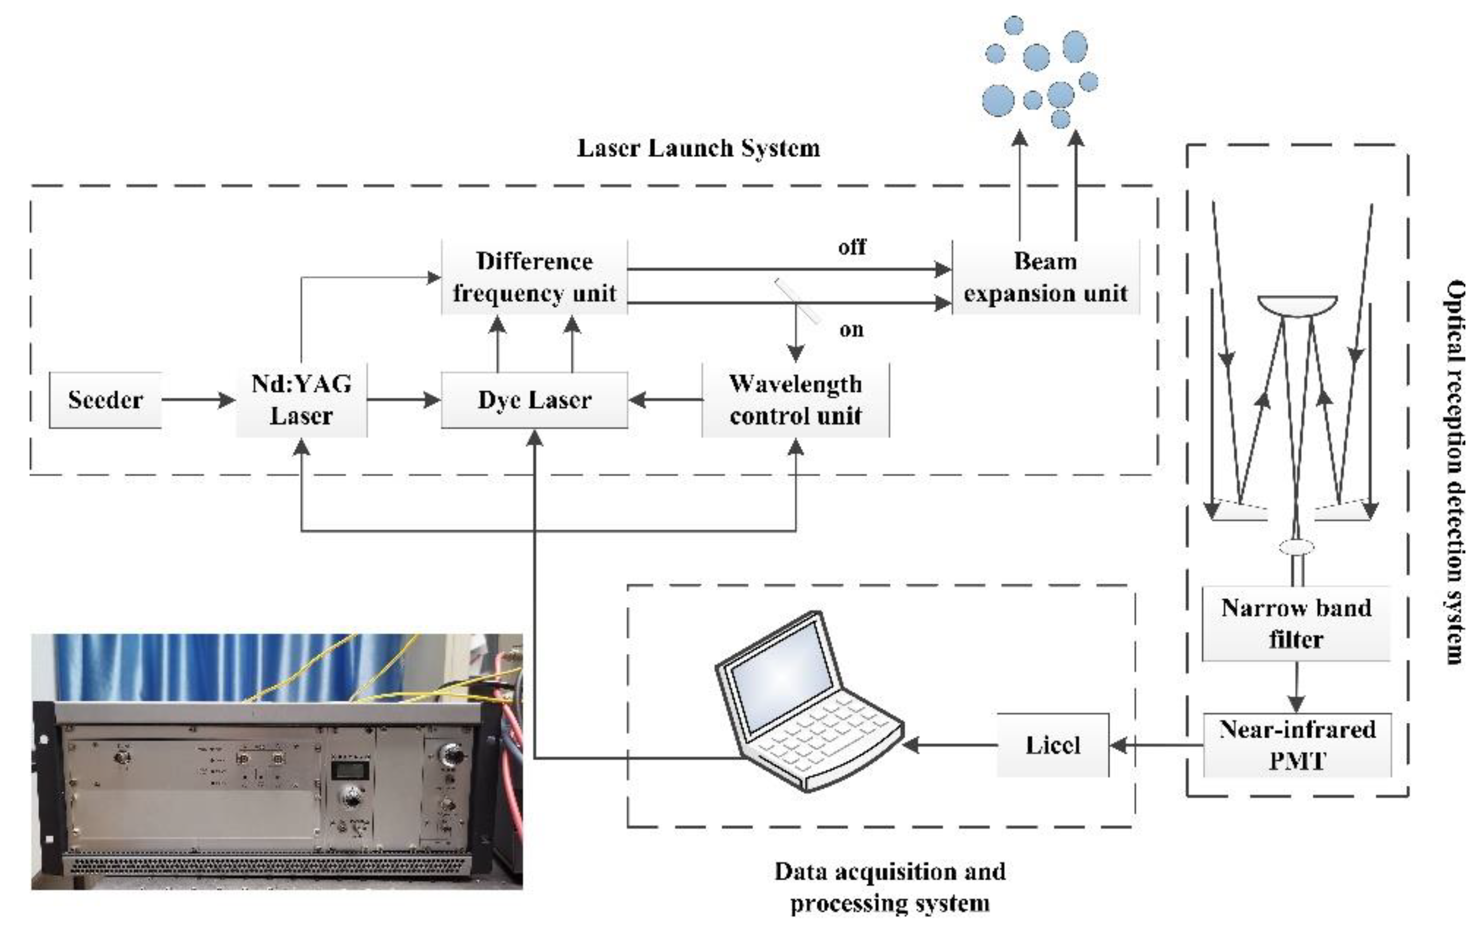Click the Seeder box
pyautogui.click(x=105, y=400)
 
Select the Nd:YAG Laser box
pyautogui.click(x=301, y=400)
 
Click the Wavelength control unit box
pyautogui.click(x=795, y=400)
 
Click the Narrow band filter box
pyautogui.click(x=1296, y=623)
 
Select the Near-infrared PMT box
pyautogui.click(x=1296, y=745)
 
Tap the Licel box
pyautogui.click(x=1052, y=745)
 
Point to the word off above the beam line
pyautogui.click(x=852, y=248)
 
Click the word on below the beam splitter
pyautogui.click(x=851, y=330)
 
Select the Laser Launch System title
pyautogui.click(x=698, y=149)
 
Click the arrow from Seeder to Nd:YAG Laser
pyautogui.click(x=198, y=400)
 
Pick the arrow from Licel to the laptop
pyautogui.click(x=950, y=745)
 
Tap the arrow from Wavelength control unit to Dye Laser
pyautogui.click(x=665, y=400)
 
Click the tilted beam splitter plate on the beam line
pyautogui.click(x=797, y=300)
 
